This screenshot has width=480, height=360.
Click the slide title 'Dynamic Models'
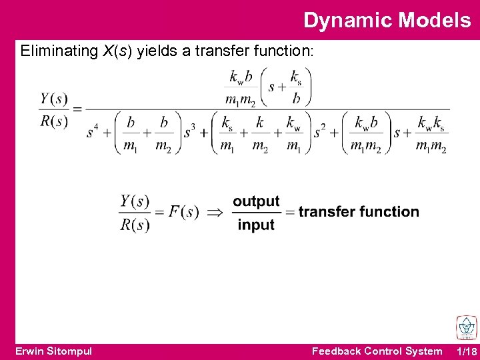point(387,20)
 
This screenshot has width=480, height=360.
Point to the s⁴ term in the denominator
point(92,132)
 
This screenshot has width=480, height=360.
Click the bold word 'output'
point(256,201)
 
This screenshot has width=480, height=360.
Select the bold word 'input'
point(256,225)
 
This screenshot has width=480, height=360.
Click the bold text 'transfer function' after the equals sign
point(359,212)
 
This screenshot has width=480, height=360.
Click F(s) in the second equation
point(183,212)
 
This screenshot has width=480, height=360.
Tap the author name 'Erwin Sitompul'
point(53,351)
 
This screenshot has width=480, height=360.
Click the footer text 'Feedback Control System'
point(377,351)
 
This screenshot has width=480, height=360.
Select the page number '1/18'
point(467,351)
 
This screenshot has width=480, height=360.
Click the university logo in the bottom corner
point(466,328)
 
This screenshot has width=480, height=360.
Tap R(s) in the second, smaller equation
point(135,225)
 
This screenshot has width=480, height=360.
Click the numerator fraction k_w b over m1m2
point(240,88)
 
